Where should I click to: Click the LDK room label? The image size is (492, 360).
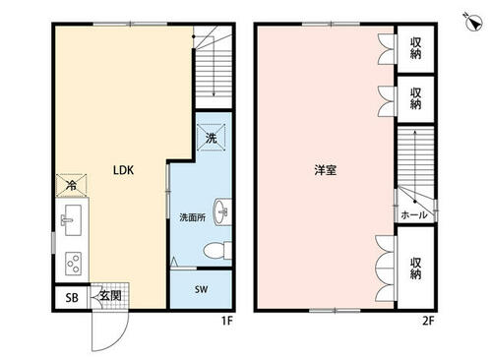(123, 170)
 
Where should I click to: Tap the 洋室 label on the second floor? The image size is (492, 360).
(325, 170)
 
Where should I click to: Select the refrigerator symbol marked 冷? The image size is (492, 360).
(71, 185)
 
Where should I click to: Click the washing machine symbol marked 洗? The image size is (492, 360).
(212, 138)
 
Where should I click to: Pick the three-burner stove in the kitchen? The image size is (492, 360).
(73, 264)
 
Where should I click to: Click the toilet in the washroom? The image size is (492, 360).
(217, 251)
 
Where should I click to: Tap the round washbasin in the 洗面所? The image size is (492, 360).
(221, 211)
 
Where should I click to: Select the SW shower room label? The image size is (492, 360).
(201, 289)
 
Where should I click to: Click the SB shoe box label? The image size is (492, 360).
(72, 297)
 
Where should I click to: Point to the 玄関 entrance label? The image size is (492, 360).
(110, 296)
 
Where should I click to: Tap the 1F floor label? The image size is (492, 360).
(226, 321)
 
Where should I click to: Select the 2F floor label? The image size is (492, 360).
(428, 321)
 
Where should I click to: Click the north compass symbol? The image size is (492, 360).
(474, 23)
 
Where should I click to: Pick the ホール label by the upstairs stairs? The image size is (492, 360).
(414, 214)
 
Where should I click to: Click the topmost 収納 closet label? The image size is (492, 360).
(415, 48)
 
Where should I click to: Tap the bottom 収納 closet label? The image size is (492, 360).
(415, 269)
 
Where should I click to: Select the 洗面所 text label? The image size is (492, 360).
(193, 217)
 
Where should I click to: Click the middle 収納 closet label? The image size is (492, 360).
(415, 98)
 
